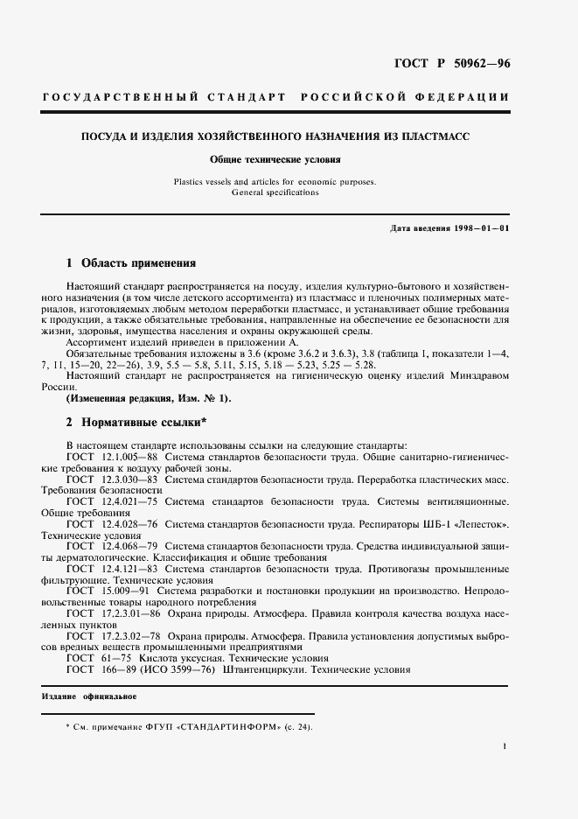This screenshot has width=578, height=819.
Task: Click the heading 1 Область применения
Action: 131,262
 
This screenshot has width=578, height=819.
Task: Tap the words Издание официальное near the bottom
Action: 88,696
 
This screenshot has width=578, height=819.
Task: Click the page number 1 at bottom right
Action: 505,745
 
